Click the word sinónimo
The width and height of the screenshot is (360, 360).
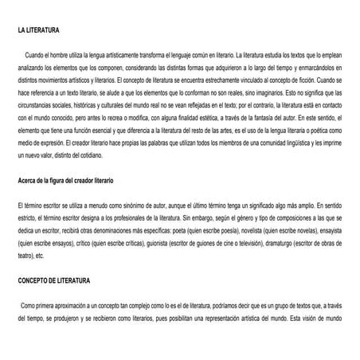(117, 205)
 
